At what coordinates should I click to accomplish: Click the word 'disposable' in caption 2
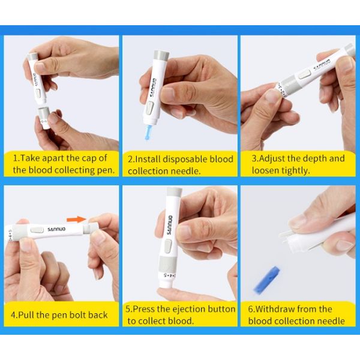point(182,159)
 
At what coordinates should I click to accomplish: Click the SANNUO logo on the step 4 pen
point(56,228)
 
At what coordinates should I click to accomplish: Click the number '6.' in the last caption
point(253,309)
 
